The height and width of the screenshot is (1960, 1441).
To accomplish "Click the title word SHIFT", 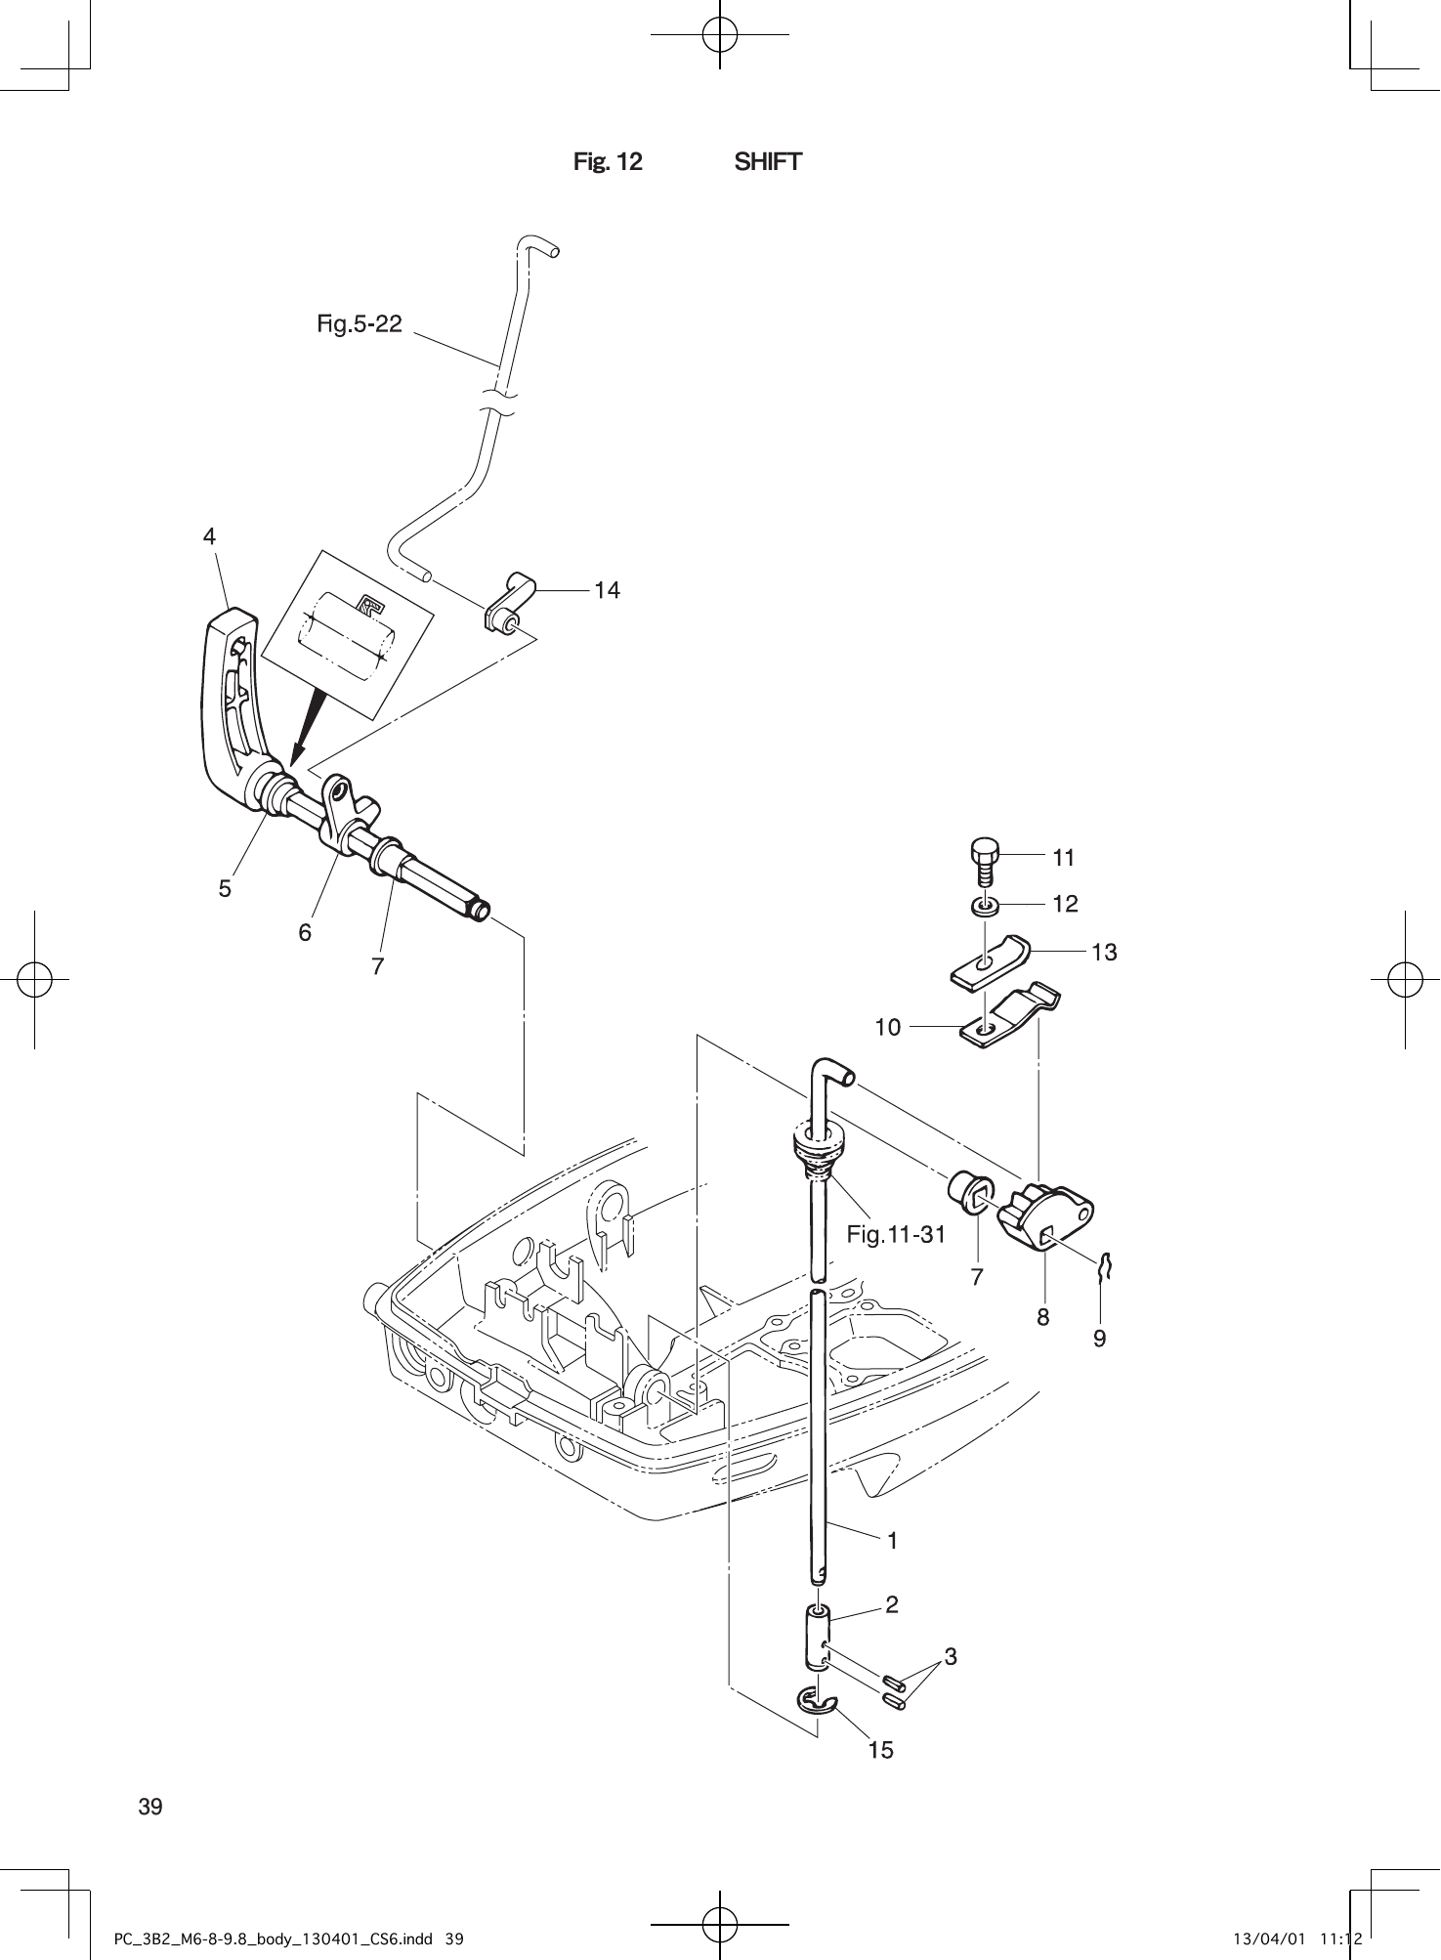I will [768, 162].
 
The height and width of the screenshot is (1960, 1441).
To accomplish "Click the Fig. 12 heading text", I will [608, 162].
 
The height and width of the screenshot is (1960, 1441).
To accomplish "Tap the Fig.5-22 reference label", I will [360, 323].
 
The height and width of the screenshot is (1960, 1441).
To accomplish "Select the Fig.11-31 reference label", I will [896, 1235].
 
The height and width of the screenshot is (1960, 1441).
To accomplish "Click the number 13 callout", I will [1104, 952].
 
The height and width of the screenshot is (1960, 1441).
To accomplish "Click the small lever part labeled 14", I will [509, 603].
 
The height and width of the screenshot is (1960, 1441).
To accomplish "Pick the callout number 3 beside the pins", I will [951, 1656].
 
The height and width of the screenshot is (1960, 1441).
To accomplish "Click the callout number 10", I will [888, 1027].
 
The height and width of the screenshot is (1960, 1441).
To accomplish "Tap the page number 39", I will [150, 1807].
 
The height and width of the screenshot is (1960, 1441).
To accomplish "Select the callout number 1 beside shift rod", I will [892, 1541].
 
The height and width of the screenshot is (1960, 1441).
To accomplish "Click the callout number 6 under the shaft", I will [305, 933].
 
